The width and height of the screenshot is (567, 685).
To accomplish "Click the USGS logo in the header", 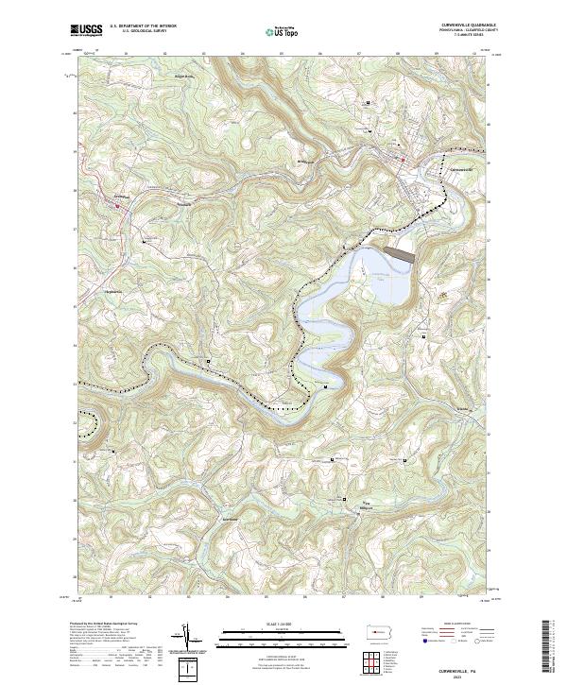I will tap(86, 31).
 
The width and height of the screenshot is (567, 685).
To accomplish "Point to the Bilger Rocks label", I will tap(182, 77).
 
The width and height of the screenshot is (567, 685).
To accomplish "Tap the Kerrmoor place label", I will tap(230, 520).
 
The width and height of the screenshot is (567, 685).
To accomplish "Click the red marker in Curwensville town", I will tap(404, 160).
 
